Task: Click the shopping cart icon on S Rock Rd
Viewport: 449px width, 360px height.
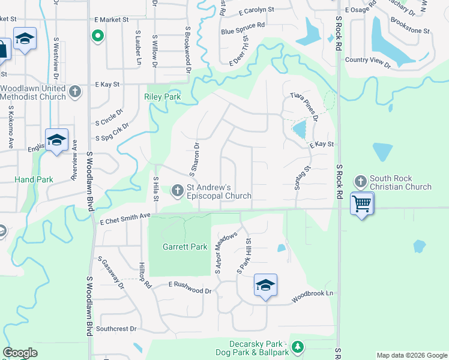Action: (x=362, y=204)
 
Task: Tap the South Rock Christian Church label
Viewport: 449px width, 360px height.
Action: (x=400, y=182)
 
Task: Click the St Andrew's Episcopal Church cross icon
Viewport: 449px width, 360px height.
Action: (x=177, y=190)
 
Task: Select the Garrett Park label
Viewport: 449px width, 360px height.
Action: (x=180, y=247)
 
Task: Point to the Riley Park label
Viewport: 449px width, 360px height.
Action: (x=162, y=97)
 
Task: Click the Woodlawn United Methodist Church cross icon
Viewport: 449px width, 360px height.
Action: (x=74, y=92)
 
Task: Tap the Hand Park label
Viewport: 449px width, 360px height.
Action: (x=34, y=179)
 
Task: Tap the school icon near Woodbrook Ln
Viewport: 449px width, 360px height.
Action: (x=265, y=285)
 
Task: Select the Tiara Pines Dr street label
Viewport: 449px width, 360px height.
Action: (x=304, y=105)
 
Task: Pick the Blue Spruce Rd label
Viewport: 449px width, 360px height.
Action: (x=243, y=28)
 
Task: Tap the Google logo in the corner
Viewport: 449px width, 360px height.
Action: (x=20, y=353)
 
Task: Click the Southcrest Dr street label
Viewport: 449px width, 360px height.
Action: (x=117, y=329)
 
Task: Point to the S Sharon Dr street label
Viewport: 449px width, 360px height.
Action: (x=194, y=160)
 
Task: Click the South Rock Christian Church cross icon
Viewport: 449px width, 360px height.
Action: (x=360, y=181)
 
